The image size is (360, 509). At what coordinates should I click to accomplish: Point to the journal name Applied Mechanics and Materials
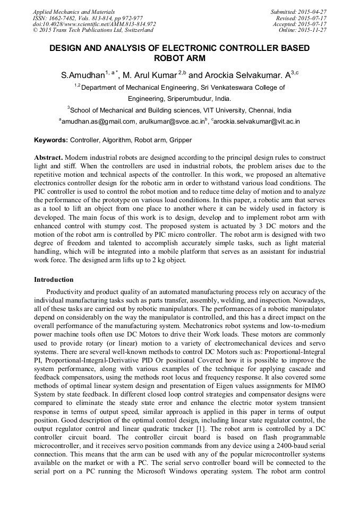coord(73,11)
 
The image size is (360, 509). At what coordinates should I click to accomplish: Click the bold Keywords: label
coord(51,140)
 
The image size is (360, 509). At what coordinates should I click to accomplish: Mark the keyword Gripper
coord(181,140)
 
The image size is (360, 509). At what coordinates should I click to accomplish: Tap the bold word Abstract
coord(48,159)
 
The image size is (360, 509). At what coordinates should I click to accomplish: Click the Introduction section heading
coord(54,280)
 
